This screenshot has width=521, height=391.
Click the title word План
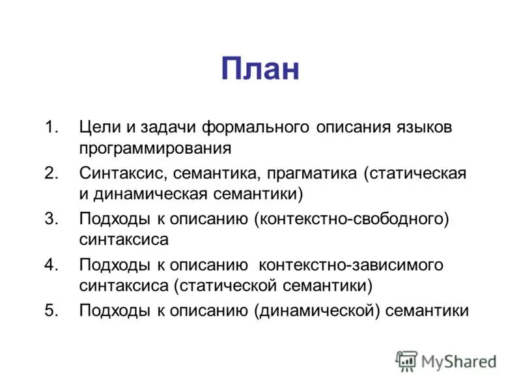point(260,68)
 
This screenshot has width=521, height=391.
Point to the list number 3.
point(51,218)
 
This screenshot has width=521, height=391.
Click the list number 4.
point(51,265)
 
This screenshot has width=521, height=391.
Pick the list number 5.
point(51,310)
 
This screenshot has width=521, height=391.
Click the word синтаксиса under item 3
point(124,240)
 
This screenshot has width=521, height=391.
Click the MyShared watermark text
point(458,360)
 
